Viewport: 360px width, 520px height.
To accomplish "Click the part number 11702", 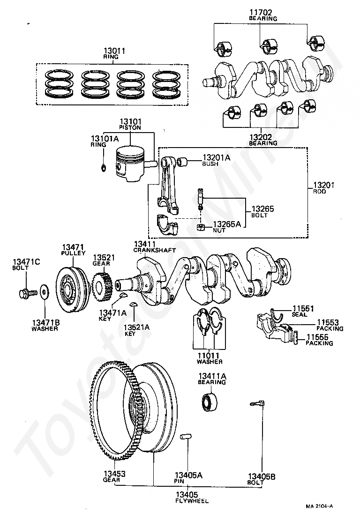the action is pos(261,13).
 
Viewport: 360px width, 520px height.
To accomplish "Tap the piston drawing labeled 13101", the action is pos(130,163).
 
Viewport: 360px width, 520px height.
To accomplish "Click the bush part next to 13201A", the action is pos(182,162).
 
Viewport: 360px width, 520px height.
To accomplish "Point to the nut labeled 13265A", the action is pos(200,227).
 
